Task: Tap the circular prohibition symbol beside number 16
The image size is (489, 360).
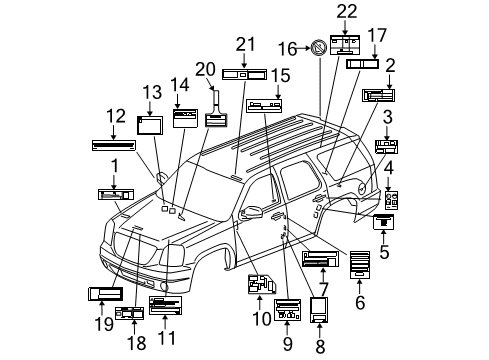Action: click(319, 46)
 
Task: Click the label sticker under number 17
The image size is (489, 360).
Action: click(361, 64)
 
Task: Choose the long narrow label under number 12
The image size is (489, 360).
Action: click(112, 144)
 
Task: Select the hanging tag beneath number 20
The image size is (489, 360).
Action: click(215, 119)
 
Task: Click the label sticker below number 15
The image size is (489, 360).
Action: click(264, 104)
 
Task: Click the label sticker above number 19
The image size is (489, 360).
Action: click(105, 293)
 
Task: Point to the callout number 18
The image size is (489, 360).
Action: click(136, 343)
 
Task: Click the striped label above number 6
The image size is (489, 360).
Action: click(360, 262)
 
